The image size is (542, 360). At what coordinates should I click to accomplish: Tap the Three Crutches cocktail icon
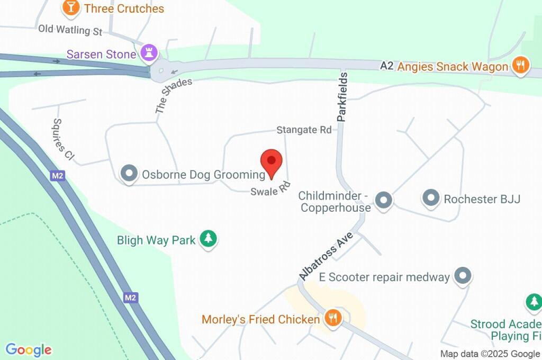coord(69,7)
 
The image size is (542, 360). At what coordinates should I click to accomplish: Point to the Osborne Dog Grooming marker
coord(129,173)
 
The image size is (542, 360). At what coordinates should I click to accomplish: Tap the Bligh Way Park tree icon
coord(209,239)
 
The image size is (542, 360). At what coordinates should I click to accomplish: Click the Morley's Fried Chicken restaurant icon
coord(333,318)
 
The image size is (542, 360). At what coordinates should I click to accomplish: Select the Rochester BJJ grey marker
coord(431,199)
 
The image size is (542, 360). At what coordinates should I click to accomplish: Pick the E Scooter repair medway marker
coord(463,276)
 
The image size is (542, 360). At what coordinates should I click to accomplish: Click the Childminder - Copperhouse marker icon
coord(383,200)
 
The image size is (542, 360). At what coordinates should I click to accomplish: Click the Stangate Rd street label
coord(304,130)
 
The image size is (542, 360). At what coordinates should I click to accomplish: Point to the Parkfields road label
coord(342,97)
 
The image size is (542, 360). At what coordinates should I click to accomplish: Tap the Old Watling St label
coord(70,30)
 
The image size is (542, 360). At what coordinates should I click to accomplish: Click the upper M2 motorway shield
coord(58,176)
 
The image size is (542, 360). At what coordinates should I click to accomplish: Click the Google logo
coord(29,349)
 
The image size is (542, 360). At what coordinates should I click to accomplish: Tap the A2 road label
coord(387,66)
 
